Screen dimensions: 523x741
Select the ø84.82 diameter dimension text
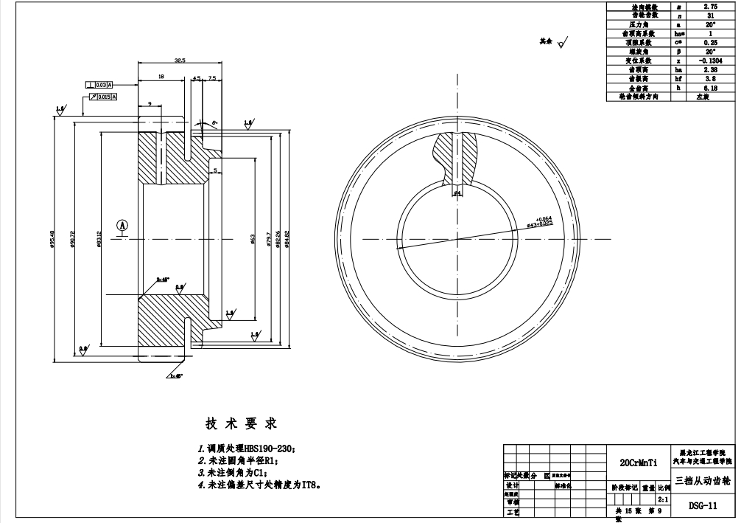[x=287, y=237]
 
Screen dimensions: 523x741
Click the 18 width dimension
[x=161, y=77]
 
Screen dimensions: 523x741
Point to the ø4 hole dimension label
[x=457, y=193]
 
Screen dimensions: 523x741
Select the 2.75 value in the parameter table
[x=712, y=7]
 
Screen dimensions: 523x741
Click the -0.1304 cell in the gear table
[x=712, y=61]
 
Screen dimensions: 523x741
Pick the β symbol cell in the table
[x=678, y=52]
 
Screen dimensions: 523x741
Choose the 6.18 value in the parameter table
[x=712, y=88]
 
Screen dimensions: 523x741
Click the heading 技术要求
[x=240, y=424]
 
